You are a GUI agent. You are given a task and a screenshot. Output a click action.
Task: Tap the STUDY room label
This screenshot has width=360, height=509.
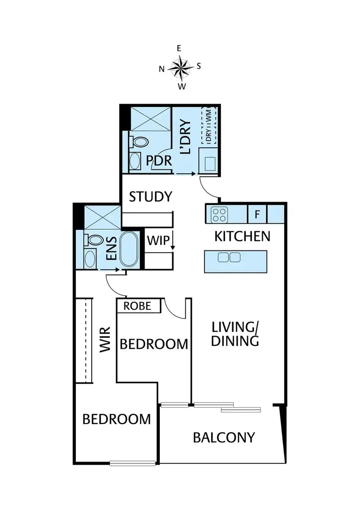(x=150, y=197)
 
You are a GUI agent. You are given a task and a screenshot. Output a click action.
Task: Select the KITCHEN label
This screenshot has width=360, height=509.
(x=242, y=236)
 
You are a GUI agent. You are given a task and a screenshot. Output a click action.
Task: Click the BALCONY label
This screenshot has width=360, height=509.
(x=224, y=438)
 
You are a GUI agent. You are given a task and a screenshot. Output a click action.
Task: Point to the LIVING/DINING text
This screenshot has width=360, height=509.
(x=236, y=334)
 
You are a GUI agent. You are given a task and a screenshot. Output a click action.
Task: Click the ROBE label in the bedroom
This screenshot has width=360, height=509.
(x=137, y=306)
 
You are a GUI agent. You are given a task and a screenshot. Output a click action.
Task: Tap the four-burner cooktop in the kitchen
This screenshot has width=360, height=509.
(x=220, y=214)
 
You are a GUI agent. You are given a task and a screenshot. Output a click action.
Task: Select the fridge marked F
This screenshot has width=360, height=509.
(x=257, y=214)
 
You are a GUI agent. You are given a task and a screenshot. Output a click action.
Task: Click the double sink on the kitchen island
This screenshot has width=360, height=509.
(x=229, y=257)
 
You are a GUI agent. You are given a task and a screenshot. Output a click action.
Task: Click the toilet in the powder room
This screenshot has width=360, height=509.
(x=140, y=142)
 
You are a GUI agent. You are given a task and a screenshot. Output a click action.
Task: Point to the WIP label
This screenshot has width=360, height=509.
(x=157, y=240)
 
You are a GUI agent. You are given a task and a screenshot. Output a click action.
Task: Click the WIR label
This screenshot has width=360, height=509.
(x=106, y=340)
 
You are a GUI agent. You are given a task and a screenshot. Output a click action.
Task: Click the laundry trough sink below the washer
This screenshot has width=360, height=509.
(x=209, y=163)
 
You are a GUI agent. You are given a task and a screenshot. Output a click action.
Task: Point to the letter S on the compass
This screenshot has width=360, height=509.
(x=199, y=67)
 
